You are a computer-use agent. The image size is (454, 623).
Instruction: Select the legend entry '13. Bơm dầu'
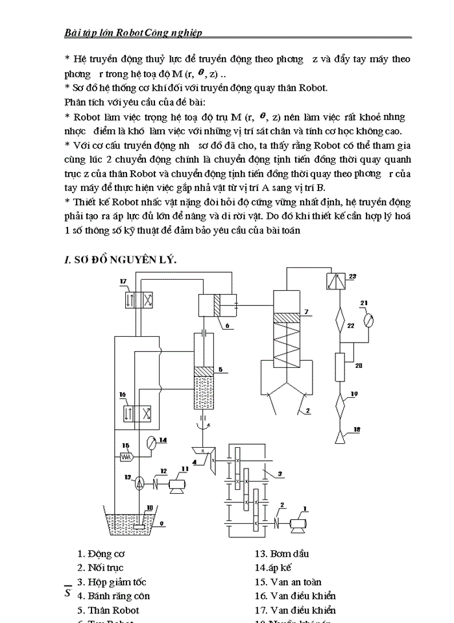pos(281,554)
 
